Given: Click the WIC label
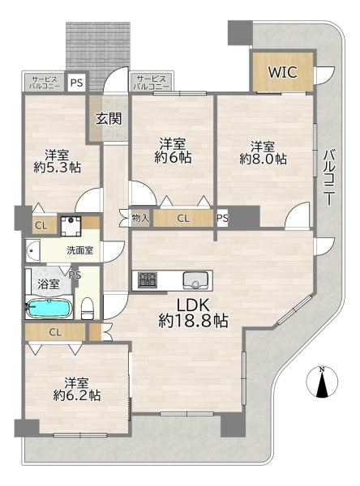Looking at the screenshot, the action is point(282,72).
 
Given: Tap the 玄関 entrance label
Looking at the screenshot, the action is point(109,118).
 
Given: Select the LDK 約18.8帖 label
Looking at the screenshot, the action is point(193,313).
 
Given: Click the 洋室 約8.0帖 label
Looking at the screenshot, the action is point(263,152).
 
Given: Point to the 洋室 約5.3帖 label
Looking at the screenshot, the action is point(58,161).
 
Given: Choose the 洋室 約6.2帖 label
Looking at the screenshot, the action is point(77,389).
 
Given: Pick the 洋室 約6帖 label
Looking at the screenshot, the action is point(173,151).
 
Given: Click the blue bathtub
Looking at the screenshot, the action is point(49,308).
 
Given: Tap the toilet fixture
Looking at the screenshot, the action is point(88,308).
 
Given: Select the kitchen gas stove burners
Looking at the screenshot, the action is point(148,280).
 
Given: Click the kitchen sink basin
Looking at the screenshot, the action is point(195,280).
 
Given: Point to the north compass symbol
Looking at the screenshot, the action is point(322,382).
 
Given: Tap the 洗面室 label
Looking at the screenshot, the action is point(80,250).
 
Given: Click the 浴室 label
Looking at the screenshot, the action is point(49,284).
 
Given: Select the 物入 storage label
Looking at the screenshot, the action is point(141,218).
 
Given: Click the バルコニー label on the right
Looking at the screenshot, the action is point(329,177).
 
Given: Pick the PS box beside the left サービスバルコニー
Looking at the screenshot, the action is point(76,83).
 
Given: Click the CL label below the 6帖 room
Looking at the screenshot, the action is point(183,219).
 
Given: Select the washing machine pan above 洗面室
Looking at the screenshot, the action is point(71,226).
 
